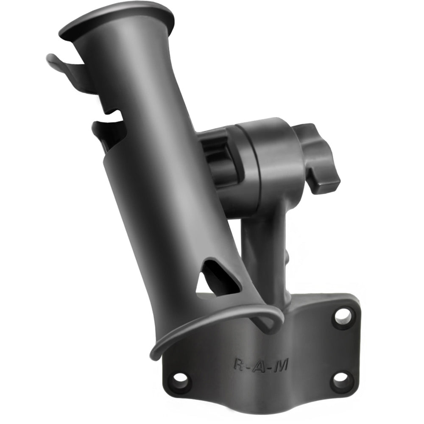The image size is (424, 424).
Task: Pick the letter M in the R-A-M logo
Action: click(x=280, y=365)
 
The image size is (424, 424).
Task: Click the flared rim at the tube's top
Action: click(x=117, y=19)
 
